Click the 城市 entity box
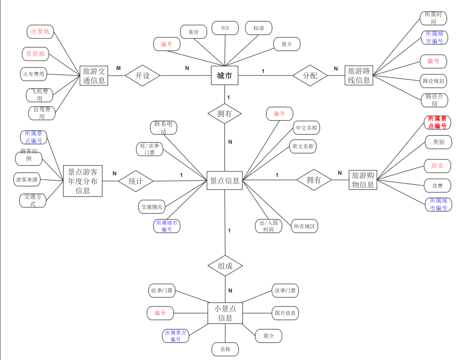224,75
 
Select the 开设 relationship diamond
142,75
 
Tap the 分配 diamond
310,75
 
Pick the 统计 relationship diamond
136,181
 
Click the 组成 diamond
225,266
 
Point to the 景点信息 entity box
224,180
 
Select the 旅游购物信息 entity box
363,180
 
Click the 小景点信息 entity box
225,313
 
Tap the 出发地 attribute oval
40,32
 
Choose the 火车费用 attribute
34,74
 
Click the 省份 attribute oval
193,32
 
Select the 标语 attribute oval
259,28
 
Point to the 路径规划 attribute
433,81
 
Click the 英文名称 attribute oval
303,146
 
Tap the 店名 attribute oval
437,166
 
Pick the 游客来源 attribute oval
27,180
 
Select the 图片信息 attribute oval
285,313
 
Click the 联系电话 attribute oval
163,128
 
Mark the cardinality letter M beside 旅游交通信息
118,68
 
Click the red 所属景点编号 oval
437,123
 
